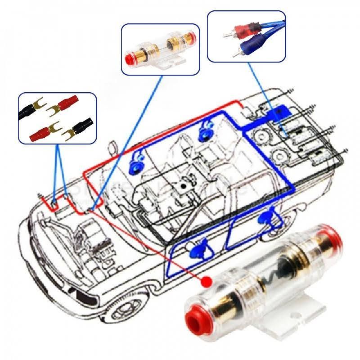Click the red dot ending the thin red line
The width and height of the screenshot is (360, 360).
tap(207, 281)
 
